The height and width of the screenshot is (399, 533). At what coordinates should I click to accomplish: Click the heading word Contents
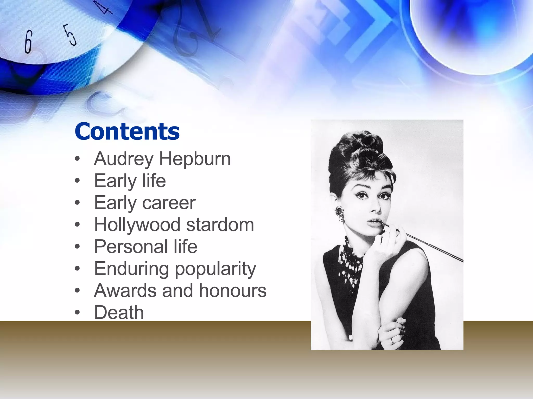127,131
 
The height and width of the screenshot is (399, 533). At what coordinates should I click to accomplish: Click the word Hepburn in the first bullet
195,159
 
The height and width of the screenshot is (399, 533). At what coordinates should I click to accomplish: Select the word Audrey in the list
124,159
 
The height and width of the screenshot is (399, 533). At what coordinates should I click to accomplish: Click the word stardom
220,225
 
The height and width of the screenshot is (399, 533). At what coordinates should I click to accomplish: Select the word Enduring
131,269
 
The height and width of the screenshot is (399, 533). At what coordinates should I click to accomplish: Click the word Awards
125,290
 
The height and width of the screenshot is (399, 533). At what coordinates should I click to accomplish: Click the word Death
119,312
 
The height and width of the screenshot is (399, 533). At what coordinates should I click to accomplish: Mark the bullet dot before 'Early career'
77,203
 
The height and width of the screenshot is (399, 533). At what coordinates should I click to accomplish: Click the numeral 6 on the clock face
28,42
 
